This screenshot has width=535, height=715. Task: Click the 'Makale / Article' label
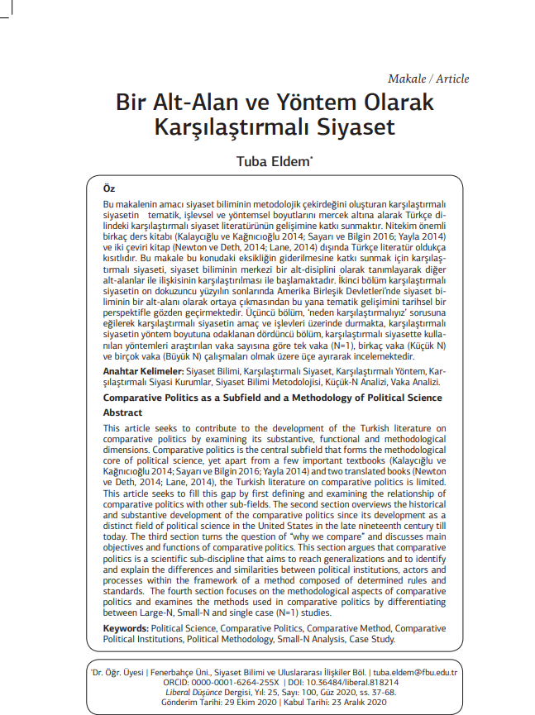(x=428, y=79)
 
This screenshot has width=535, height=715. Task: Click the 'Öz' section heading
(x=108, y=189)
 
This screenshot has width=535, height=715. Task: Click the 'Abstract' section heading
(x=122, y=412)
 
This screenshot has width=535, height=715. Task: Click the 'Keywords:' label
(x=126, y=629)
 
